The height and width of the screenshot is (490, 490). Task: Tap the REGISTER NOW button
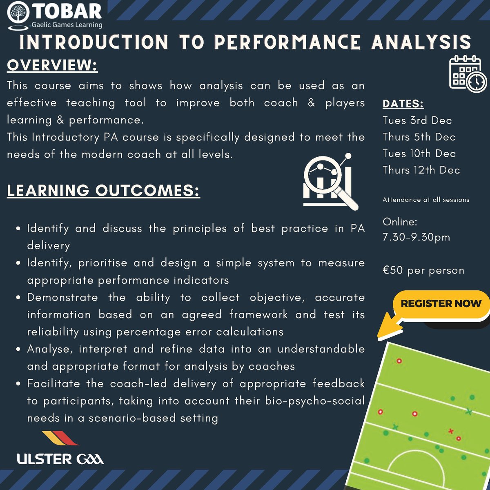click(x=441, y=304)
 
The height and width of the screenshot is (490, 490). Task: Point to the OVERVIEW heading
click(x=52, y=65)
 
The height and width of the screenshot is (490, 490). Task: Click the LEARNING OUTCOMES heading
click(x=103, y=190)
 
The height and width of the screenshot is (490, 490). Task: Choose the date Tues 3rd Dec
click(x=417, y=120)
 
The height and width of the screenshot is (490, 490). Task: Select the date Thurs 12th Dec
click(x=421, y=170)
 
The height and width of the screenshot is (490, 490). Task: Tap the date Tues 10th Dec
click(x=419, y=154)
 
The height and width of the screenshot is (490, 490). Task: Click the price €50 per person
click(x=423, y=270)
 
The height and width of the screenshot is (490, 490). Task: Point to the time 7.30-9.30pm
click(x=416, y=237)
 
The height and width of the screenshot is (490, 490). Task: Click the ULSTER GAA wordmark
click(x=60, y=459)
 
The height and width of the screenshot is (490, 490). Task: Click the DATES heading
click(x=403, y=104)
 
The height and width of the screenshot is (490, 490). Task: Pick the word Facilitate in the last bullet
click(x=53, y=384)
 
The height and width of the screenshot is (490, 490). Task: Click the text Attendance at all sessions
click(x=425, y=200)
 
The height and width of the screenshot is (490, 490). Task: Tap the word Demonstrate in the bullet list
click(x=62, y=297)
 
